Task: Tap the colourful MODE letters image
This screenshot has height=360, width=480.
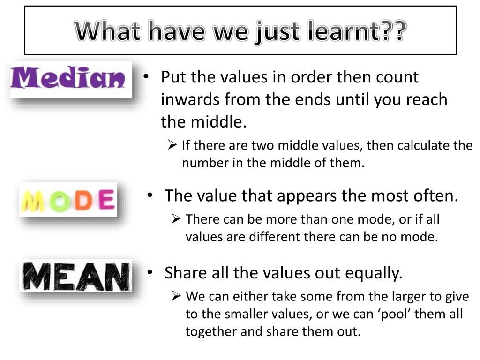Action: pyautogui.click(x=68, y=200)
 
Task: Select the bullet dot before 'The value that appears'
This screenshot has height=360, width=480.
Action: pyautogui.click(x=150, y=195)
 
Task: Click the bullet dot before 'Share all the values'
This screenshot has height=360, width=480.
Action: pyautogui.click(x=150, y=272)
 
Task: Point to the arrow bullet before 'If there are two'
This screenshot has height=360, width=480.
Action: pyautogui.click(x=172, y=144)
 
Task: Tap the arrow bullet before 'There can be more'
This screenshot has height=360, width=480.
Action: pyautogui.click(x=176, y=218)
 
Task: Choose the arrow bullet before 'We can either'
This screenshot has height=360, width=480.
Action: pyautogui.click(x=176, y=296)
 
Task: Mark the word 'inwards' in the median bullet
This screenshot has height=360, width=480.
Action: pyautogui.click(x=190, y=99)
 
